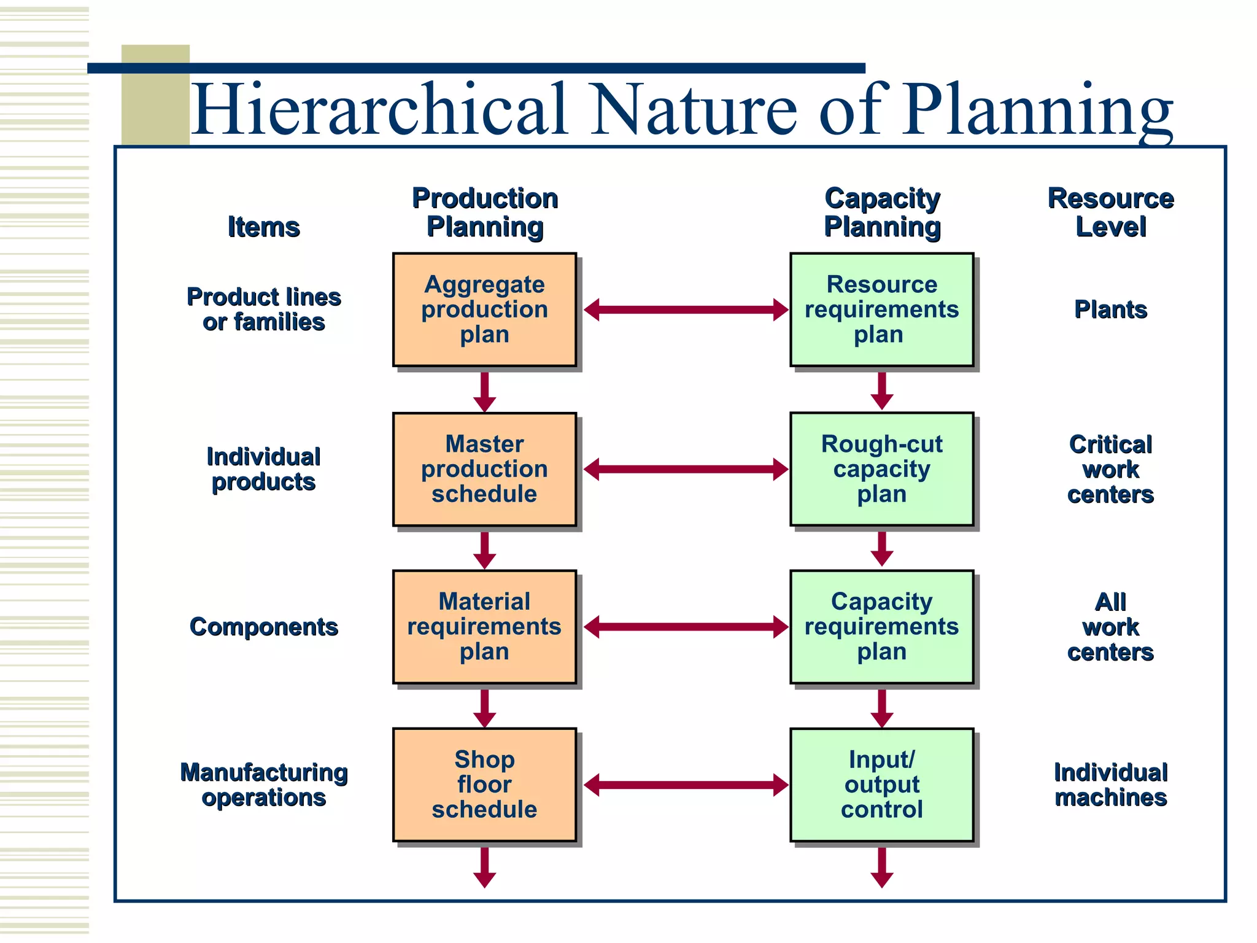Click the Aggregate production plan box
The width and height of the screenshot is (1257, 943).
[x=484, y=309]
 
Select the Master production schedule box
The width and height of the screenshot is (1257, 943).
[x=484, y=469]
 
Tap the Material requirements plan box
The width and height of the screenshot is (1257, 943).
[x=484, y=627]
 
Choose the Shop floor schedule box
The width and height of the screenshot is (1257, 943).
[x=484, y=785]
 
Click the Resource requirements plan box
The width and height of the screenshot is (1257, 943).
[x=881, y=309]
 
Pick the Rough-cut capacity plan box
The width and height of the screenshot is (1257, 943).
[x=881, y=469]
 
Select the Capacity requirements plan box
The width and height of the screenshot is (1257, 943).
[x=881, y=627]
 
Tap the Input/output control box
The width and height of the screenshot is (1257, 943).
[x=881, y=785]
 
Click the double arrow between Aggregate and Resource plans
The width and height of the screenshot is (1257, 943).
[x=686, y=309]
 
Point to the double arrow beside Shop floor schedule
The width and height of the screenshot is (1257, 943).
[x=686, y=785]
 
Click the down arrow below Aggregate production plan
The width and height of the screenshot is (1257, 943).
[x=484, y=392]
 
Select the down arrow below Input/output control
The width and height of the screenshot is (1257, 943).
[x=881, y=867]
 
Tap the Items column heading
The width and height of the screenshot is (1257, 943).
[x=263, y=227]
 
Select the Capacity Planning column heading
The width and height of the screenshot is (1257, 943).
[x=882, y=212]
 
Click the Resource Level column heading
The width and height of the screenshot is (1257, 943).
[x=1110, y=212]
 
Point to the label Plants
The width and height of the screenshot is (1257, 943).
[x=1110, y=309]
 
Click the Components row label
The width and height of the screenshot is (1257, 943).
[x=263, y=627]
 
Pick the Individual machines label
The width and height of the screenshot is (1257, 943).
[x=1110, y=785]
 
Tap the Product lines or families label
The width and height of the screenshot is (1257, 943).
[x=263, y=309]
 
